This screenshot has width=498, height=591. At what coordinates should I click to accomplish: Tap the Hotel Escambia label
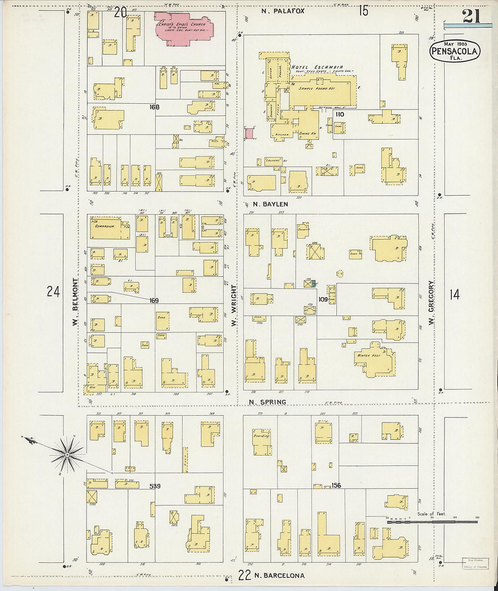[317, 67]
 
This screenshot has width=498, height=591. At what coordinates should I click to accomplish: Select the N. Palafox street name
[283, 10]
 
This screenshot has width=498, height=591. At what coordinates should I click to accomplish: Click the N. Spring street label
[268, 402]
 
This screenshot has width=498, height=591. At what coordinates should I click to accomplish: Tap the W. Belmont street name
[75, 301]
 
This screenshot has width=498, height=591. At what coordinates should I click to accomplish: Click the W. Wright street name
[234, 305]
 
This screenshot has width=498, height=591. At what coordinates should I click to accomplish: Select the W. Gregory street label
[431, 302]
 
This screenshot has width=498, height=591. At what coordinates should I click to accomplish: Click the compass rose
[67, 453]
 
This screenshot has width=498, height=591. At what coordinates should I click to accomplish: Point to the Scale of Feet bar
[432, 522]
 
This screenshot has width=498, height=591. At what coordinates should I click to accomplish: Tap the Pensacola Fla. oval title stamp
[454, 51]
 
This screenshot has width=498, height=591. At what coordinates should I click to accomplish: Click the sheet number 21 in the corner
[471, 17]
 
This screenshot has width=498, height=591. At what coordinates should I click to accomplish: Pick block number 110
[340, 114]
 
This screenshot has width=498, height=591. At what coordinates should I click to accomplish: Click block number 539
[155, 486]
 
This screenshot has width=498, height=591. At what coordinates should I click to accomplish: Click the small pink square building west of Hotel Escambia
[249, 133]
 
